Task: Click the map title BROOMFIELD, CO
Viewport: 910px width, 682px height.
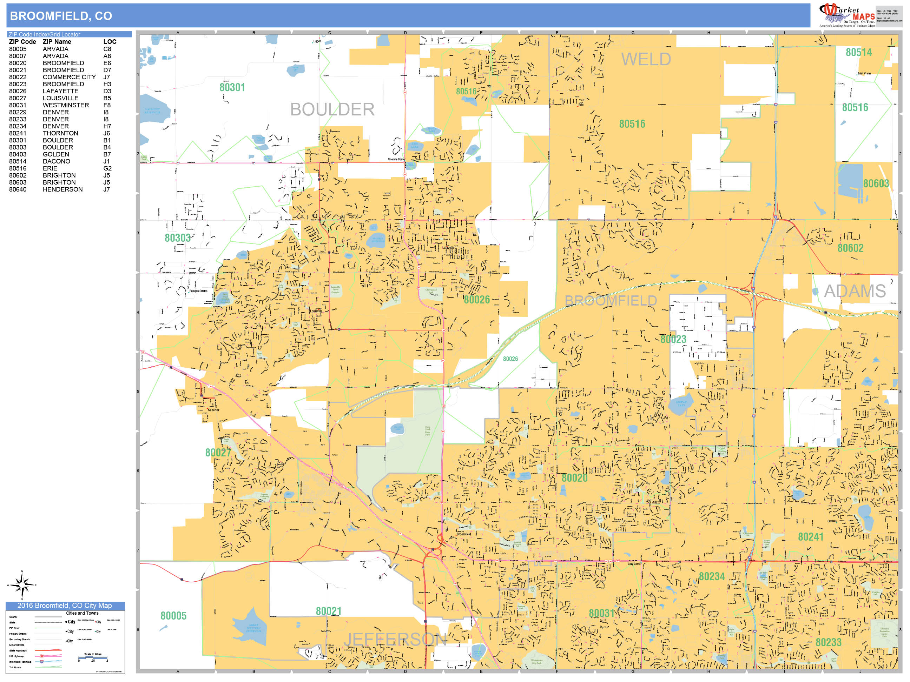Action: coord(61,16)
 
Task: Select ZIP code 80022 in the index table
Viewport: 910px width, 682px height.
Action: coord(18,77)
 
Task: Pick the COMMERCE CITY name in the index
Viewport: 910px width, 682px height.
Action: coord(69,77)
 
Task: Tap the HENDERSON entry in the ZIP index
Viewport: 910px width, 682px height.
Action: coord(62,189)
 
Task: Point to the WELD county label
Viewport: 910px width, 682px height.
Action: coord(646,60)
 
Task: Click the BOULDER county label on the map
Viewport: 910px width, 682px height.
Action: coord(332,110)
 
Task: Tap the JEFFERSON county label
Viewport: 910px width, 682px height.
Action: coord(395,639)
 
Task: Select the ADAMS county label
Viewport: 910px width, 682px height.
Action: coord(855,292)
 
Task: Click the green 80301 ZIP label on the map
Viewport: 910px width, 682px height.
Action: coord(232,88)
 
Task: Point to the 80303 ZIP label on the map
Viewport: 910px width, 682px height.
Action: coord(177,238)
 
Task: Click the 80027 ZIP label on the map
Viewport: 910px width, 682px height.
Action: coord(218,453)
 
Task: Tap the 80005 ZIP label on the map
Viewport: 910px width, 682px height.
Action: coord(173,616)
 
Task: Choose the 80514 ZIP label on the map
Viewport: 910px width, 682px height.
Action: coord(859,53)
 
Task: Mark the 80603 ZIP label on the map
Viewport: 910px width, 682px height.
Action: coord(876,184)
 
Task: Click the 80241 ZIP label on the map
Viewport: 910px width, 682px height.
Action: coord(810,537)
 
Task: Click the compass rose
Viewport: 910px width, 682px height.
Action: coord(22,584)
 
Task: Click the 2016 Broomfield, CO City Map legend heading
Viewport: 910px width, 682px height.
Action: coord(65,606)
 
